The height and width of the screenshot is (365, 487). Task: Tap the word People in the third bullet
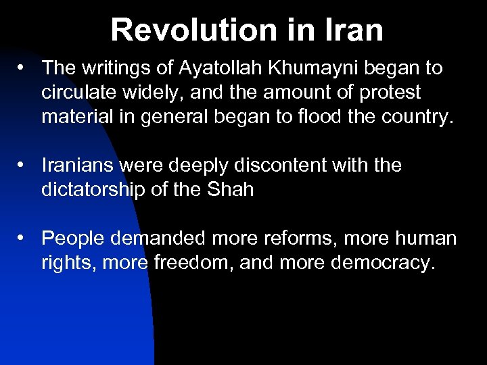[x=74, y=239]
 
